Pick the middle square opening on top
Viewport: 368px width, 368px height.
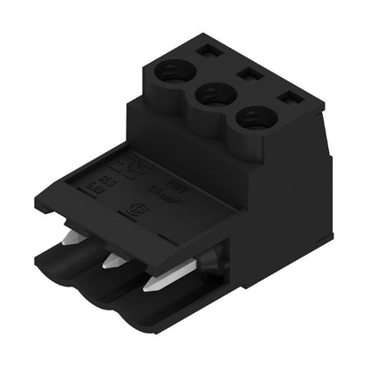point(246,74)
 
